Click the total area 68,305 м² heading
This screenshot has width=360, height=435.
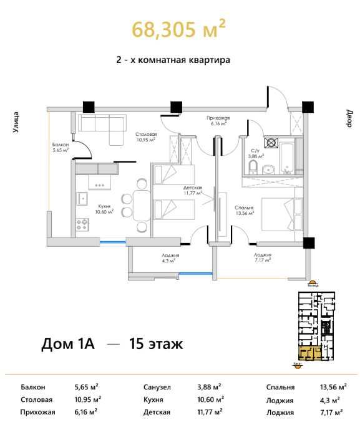[x=178, y=29]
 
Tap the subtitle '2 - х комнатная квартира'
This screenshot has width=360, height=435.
[x=173, y=61]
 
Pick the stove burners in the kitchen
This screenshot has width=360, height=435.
[x=82, y=222]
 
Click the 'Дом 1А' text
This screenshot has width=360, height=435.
[x=67, y=343]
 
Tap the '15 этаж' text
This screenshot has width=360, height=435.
[x=156, y=343]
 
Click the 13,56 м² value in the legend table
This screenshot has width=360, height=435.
[x=329, y=387]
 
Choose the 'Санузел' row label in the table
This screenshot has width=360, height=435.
[x=156, y=387]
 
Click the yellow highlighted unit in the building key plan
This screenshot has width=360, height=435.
[x=309, y=353]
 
